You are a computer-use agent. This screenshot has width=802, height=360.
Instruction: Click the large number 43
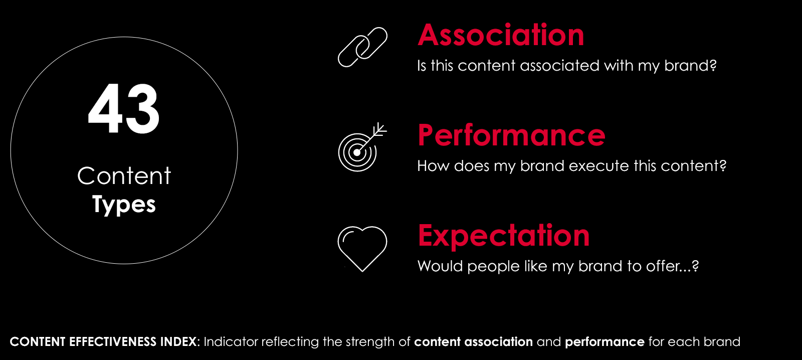[123, 108]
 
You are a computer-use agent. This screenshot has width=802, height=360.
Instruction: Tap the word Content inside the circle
[124, 176]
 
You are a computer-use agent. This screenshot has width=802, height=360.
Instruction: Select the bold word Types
[124, 205]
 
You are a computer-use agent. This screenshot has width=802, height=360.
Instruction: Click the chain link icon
[363, 47]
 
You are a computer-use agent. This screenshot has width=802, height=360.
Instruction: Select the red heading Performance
[511, 135]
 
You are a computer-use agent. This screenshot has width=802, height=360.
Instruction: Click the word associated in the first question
[559, 66]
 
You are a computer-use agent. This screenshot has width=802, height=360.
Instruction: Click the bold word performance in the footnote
[605, 342]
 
